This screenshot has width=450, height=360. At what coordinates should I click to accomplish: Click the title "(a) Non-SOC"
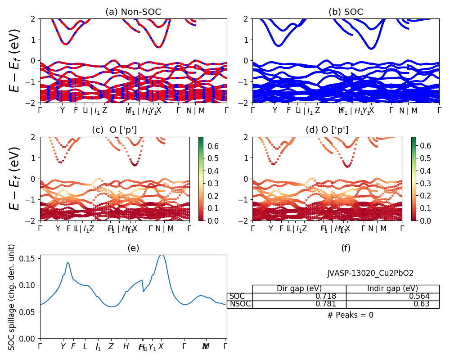(x=133, y=12)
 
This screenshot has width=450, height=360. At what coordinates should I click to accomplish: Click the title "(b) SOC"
(x=346, y=12)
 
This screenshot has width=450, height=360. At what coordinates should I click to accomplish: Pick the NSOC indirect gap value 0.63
(x=422, y=304)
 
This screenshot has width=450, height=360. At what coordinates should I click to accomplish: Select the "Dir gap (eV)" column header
(x=299, y=289)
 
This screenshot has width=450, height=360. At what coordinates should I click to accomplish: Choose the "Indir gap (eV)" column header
(x=392, y=289)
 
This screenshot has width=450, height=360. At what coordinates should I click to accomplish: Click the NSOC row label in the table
(x=240, y=304)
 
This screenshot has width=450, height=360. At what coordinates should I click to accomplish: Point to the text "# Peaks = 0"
(x=350, y=315)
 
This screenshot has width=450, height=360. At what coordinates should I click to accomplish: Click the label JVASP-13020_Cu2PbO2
(x=370, y=273)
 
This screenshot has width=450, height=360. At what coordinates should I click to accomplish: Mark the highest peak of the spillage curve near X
(x=161, y=255)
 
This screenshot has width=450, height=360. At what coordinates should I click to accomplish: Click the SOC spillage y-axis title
(x=12, y=297)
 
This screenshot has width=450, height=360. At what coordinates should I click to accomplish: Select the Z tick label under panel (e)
(x=111, y=346)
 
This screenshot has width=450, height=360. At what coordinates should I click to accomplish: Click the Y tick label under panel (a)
(x=63, y=111)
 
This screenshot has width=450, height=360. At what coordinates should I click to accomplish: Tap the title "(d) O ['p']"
(x=327, y=130)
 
